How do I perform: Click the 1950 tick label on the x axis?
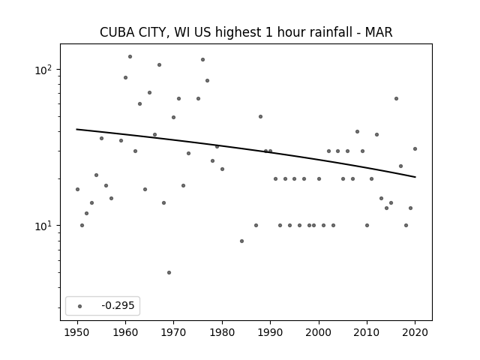tap(77, 332)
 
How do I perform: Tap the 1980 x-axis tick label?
tap(222, 332)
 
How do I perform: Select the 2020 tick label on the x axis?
tap(415, 332)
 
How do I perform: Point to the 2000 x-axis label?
tap(319, 332)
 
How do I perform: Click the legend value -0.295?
tap(118, 305)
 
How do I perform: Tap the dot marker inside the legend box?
tap(80, 306)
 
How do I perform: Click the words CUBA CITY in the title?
tap(133, 32)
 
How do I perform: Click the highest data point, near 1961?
tap(130, 57)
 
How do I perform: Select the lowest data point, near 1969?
tap(169, 272)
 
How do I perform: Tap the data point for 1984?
tap(241, 241)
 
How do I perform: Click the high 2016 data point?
tap(396, 98)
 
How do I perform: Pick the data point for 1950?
tap(77, 190)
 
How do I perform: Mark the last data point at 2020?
tap(415, 149)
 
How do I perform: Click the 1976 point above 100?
tap(202, 60)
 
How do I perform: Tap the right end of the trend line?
tap(415, 177)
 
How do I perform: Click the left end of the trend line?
tap(76, 129)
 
